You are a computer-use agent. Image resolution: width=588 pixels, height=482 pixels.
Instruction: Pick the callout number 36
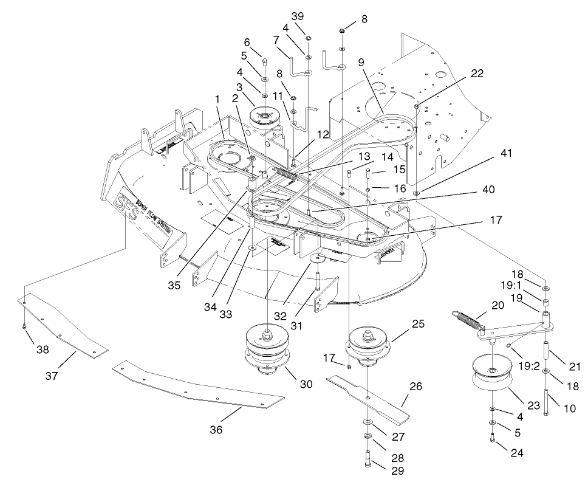click(x=216, y=430)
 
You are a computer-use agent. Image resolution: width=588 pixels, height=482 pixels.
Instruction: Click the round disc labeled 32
click(x=316, y=260)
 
